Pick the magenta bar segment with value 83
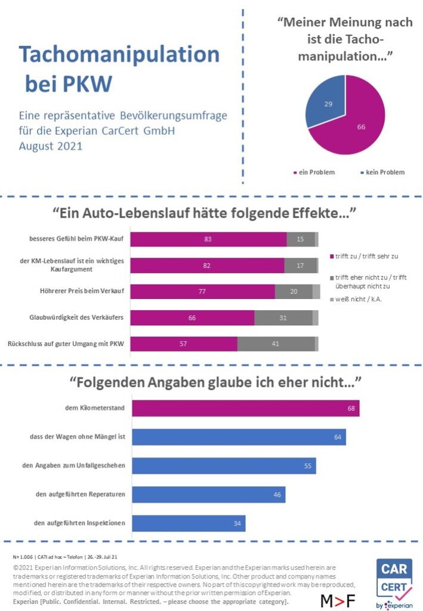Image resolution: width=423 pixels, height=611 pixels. click(208, 239)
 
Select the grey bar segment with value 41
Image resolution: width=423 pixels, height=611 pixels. click(276, 344)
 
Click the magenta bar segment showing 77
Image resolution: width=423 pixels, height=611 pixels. click(202, 292)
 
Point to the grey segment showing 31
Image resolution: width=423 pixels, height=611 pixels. click(283, 318)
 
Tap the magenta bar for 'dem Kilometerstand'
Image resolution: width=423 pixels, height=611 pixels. click(245, 409)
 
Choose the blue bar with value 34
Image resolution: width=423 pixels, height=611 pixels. click(189, 523)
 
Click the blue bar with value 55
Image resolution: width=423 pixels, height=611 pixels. click(224, 466)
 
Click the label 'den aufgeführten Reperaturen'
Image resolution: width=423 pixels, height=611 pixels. click(80, 495)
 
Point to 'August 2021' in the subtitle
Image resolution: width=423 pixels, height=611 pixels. click(52, 145)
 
